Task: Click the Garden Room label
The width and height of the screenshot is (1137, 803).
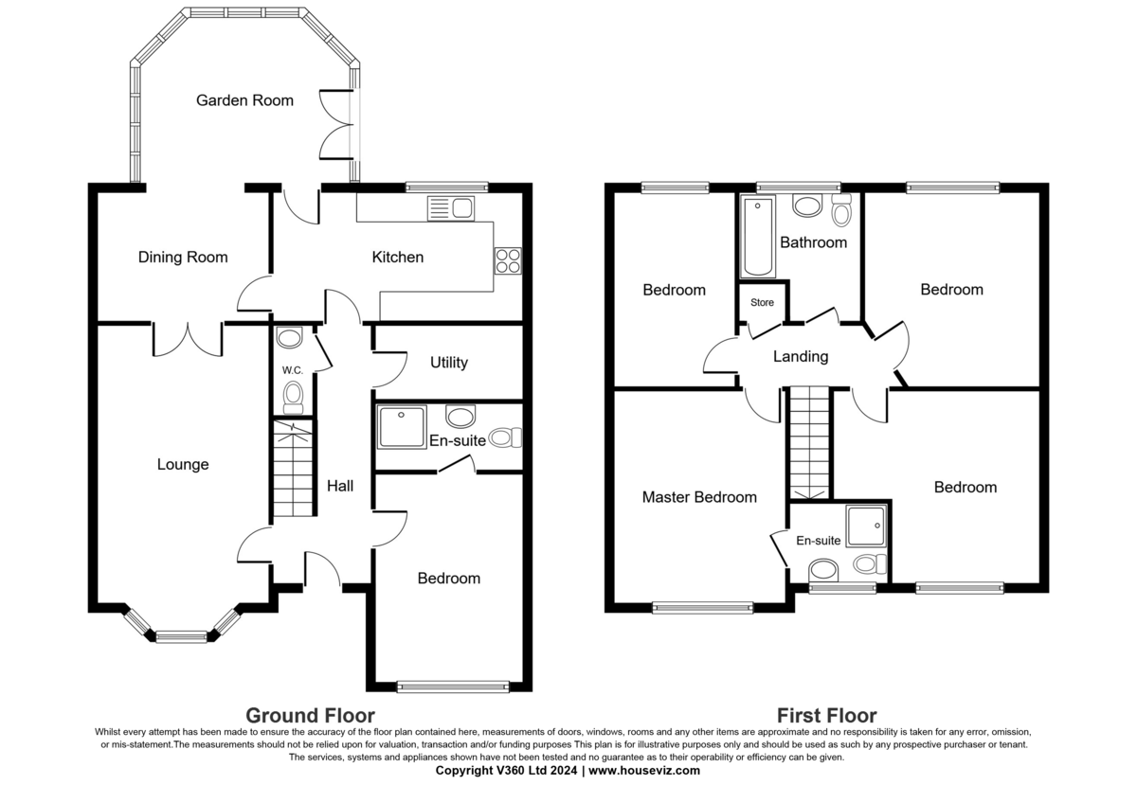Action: click(x=244, y=100)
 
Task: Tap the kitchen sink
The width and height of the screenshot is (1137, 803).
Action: click(x=450, y=207)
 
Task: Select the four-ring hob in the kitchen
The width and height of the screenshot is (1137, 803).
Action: click(x=507, y=259)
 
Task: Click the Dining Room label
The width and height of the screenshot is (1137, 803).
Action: click(x=183, y=258)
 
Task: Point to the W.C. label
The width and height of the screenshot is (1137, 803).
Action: click(x=291, y=370)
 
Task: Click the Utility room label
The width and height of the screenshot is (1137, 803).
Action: click(x=448, y=363)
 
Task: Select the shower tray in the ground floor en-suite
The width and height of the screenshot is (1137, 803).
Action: click(x=402, y=427)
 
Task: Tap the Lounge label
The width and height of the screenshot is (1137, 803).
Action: click(x=183, y=465)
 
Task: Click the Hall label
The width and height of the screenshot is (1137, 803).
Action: click(x=340, y=486)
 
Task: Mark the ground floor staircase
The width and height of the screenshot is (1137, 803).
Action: click(x=293, y=470)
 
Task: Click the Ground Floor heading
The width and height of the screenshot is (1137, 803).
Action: click(x=310, y=716)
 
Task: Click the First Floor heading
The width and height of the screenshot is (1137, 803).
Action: click(x=826, y=716)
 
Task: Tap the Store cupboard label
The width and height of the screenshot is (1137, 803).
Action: click(x=762, y=303)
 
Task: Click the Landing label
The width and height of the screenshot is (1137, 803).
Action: click(x=801, y=357)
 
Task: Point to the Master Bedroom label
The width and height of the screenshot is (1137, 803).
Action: click(x=699, y=497)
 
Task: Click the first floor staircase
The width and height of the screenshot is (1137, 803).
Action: click(x=810, y=441)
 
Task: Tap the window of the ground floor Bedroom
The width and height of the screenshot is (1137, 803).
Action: click(x=453, y=686)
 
